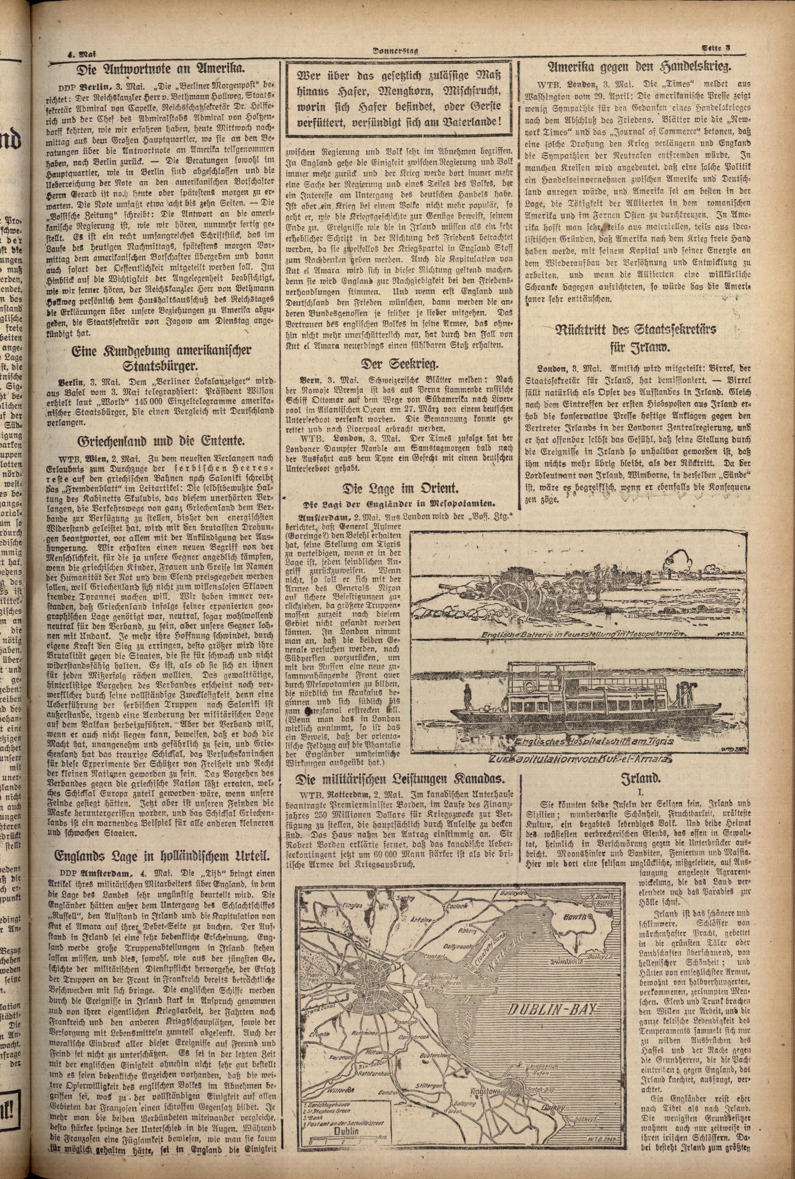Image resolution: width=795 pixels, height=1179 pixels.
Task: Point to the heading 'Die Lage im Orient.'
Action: click(400, 488)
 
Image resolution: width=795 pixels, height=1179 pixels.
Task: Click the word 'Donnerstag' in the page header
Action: click(397, 50)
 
